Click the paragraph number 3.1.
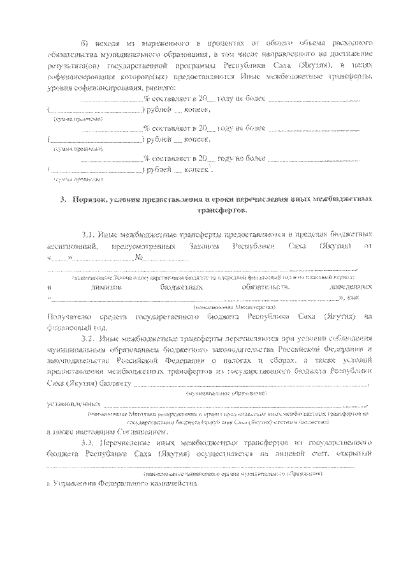(90, 234)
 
